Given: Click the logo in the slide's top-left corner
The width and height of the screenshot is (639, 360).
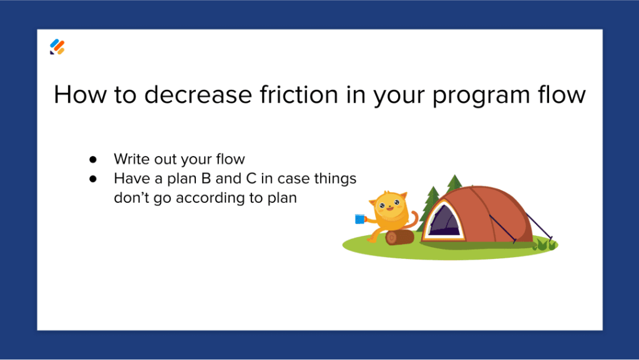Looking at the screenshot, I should [57, 47].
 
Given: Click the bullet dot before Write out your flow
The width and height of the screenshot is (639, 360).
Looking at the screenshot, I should [92, 160].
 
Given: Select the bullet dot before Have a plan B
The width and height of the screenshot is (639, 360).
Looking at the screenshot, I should [92, 179].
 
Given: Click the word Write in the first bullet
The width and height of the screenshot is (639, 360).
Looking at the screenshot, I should [129, 160].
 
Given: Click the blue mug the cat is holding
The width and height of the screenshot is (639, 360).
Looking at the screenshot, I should [359, 218].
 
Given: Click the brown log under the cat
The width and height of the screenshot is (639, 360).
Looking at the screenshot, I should [400, 237].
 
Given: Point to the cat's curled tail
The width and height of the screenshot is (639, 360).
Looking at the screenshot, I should [413, 220].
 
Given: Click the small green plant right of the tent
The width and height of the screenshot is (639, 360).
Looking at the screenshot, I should [544, 245].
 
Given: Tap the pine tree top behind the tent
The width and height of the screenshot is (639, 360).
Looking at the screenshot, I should [454, 182].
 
